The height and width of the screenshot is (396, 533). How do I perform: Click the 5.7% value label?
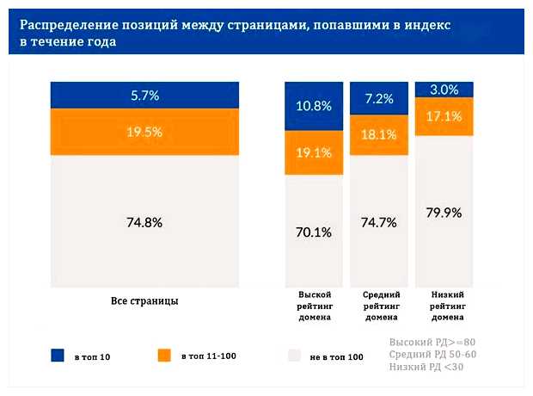pos(144,96)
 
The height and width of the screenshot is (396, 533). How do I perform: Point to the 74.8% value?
pos(144,221)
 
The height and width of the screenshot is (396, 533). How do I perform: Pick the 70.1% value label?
pos(315,231)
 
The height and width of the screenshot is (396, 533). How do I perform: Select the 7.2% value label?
pos(379,100)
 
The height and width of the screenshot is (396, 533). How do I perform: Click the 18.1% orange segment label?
pos(379,134)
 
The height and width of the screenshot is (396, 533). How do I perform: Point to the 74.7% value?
pos(379,221)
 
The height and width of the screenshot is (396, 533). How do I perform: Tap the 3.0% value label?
pos(444,89)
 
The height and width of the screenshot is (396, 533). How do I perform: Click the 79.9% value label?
pos(444,212)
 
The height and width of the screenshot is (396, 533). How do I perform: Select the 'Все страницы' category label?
pos(144,301)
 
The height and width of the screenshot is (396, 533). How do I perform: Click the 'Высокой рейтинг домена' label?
pos(315,306)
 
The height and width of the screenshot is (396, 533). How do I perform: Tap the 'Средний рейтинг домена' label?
pos(379,306)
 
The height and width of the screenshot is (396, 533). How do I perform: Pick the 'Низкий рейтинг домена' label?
pos(444,306)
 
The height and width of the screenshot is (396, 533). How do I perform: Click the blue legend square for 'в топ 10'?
pos(58,355)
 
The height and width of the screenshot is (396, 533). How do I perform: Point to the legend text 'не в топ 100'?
pos(336,356)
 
